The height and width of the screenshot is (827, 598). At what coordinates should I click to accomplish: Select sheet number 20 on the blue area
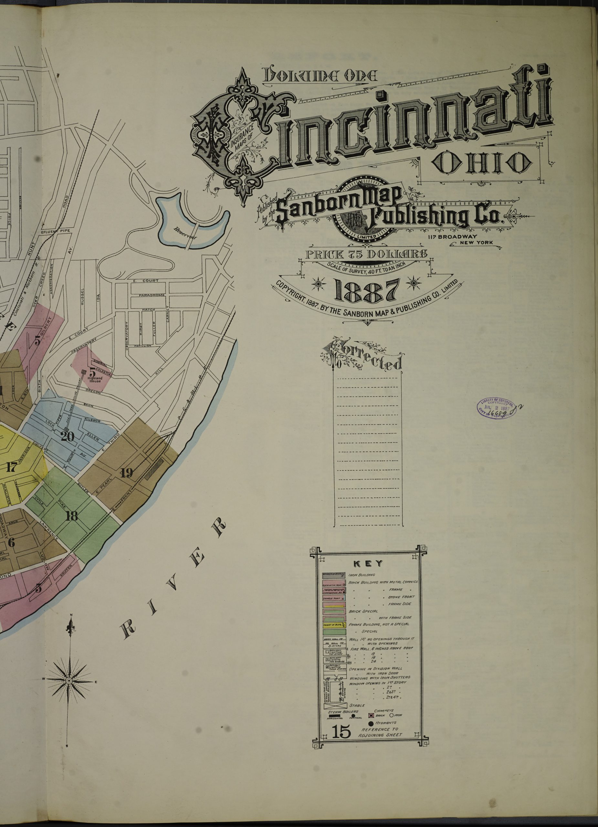68,436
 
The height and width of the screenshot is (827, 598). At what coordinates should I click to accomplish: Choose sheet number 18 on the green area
71,516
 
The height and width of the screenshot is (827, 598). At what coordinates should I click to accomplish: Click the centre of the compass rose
68,681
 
